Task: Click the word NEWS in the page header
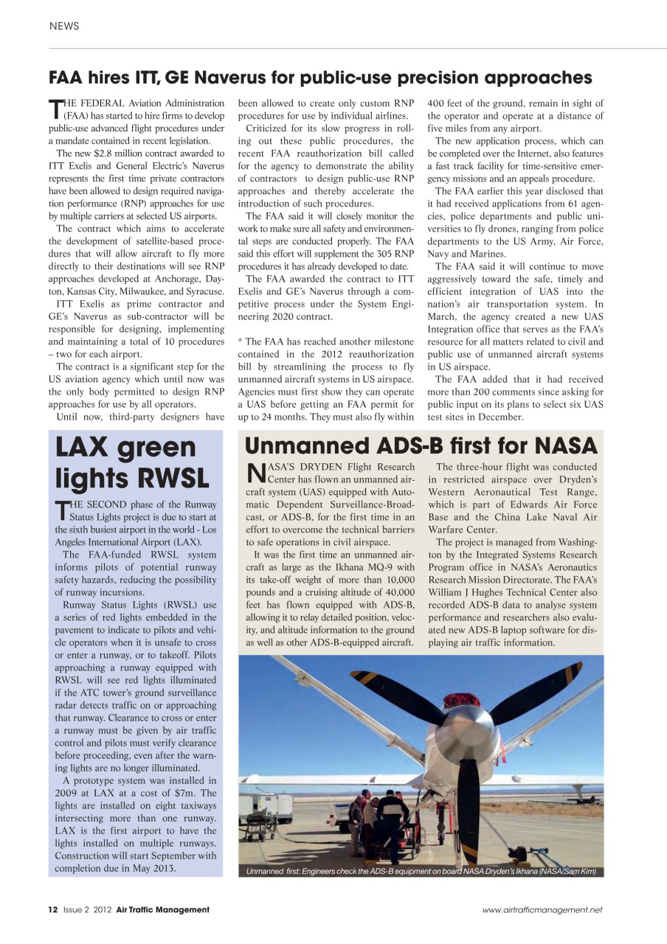pyautogui.click(x=64, y=27)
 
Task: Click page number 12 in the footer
pyautogui.click(x=52, y=909)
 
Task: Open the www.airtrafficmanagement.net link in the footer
pyautogui.click(x=542, y=910)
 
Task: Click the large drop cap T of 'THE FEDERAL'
pyautogui.click(x=55, y=109)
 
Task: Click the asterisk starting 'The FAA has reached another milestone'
pyautogui.click(x=241, y=341)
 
